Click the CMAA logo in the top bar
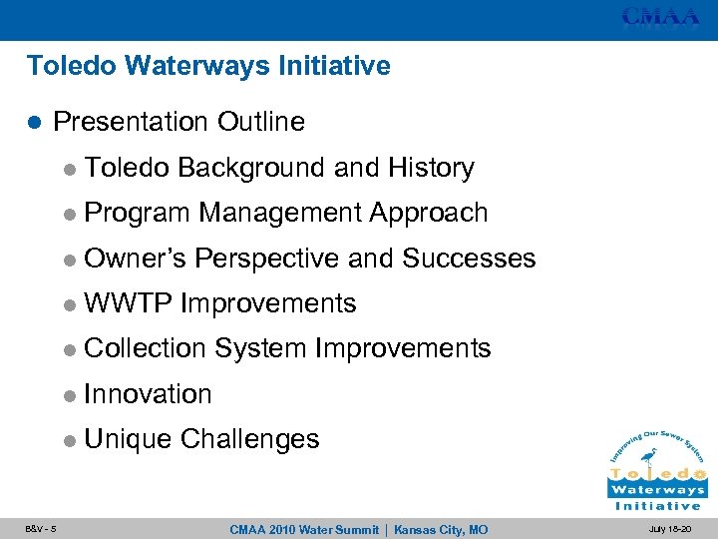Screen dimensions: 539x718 660,16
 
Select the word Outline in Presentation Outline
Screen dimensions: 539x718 261,122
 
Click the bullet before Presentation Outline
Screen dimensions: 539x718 34,123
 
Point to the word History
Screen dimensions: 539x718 431,168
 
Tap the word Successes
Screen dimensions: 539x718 469,259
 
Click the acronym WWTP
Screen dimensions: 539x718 129,303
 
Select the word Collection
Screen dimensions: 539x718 146,348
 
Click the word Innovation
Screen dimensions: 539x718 149,394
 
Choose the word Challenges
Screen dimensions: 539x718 250,439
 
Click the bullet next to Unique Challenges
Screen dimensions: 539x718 68,440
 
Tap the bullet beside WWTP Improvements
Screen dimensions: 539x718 68,304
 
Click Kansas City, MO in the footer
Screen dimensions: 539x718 441,529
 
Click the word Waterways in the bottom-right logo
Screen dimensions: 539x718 657,490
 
